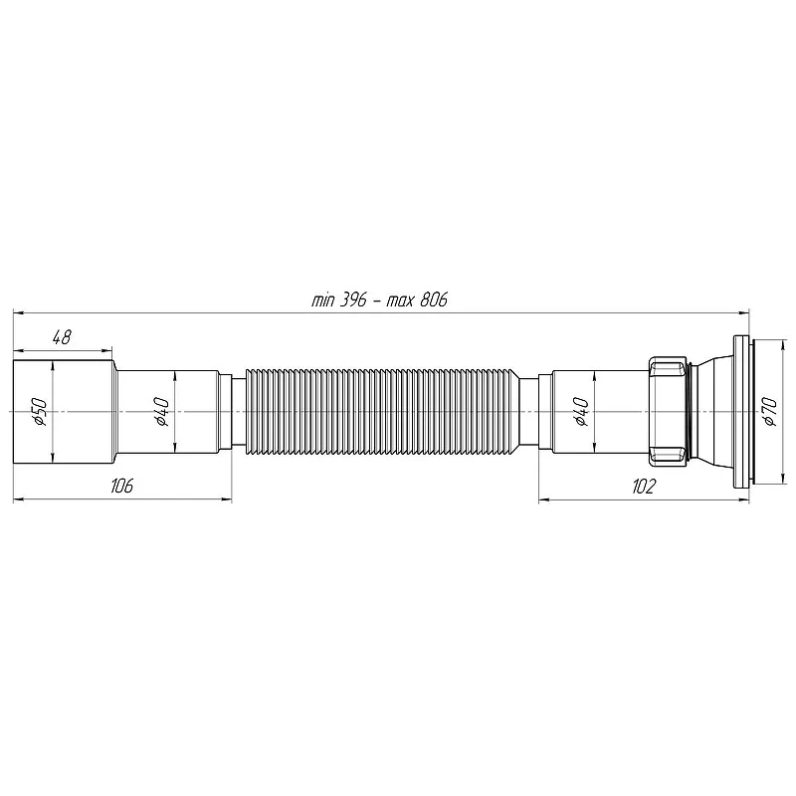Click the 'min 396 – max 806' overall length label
pyautogui.click(x=379, y=300)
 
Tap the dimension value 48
pyautogui.click(x=62, y=337)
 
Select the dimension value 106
pyautogui.click(x=121, y=486)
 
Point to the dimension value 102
pyautogui.click(x=644, y=486)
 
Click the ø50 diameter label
pyautogui.click(x=40, y=411)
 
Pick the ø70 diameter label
pyautogui.click(x=769, y=411)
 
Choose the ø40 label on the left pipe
pyautogui.click(x=162, y=411)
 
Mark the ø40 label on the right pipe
pyautogui.click(x=581, y=411)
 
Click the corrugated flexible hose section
pyautogui.click(x=382, y=411)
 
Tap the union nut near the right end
pyautogui.click(x=669, y=411)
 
